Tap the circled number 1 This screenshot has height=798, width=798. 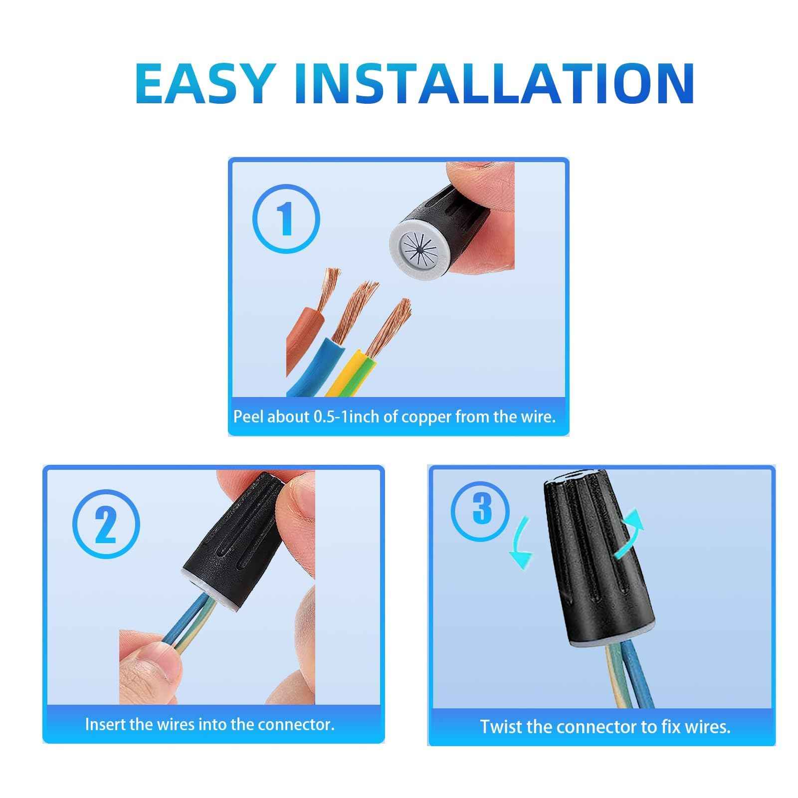[286, 219]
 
